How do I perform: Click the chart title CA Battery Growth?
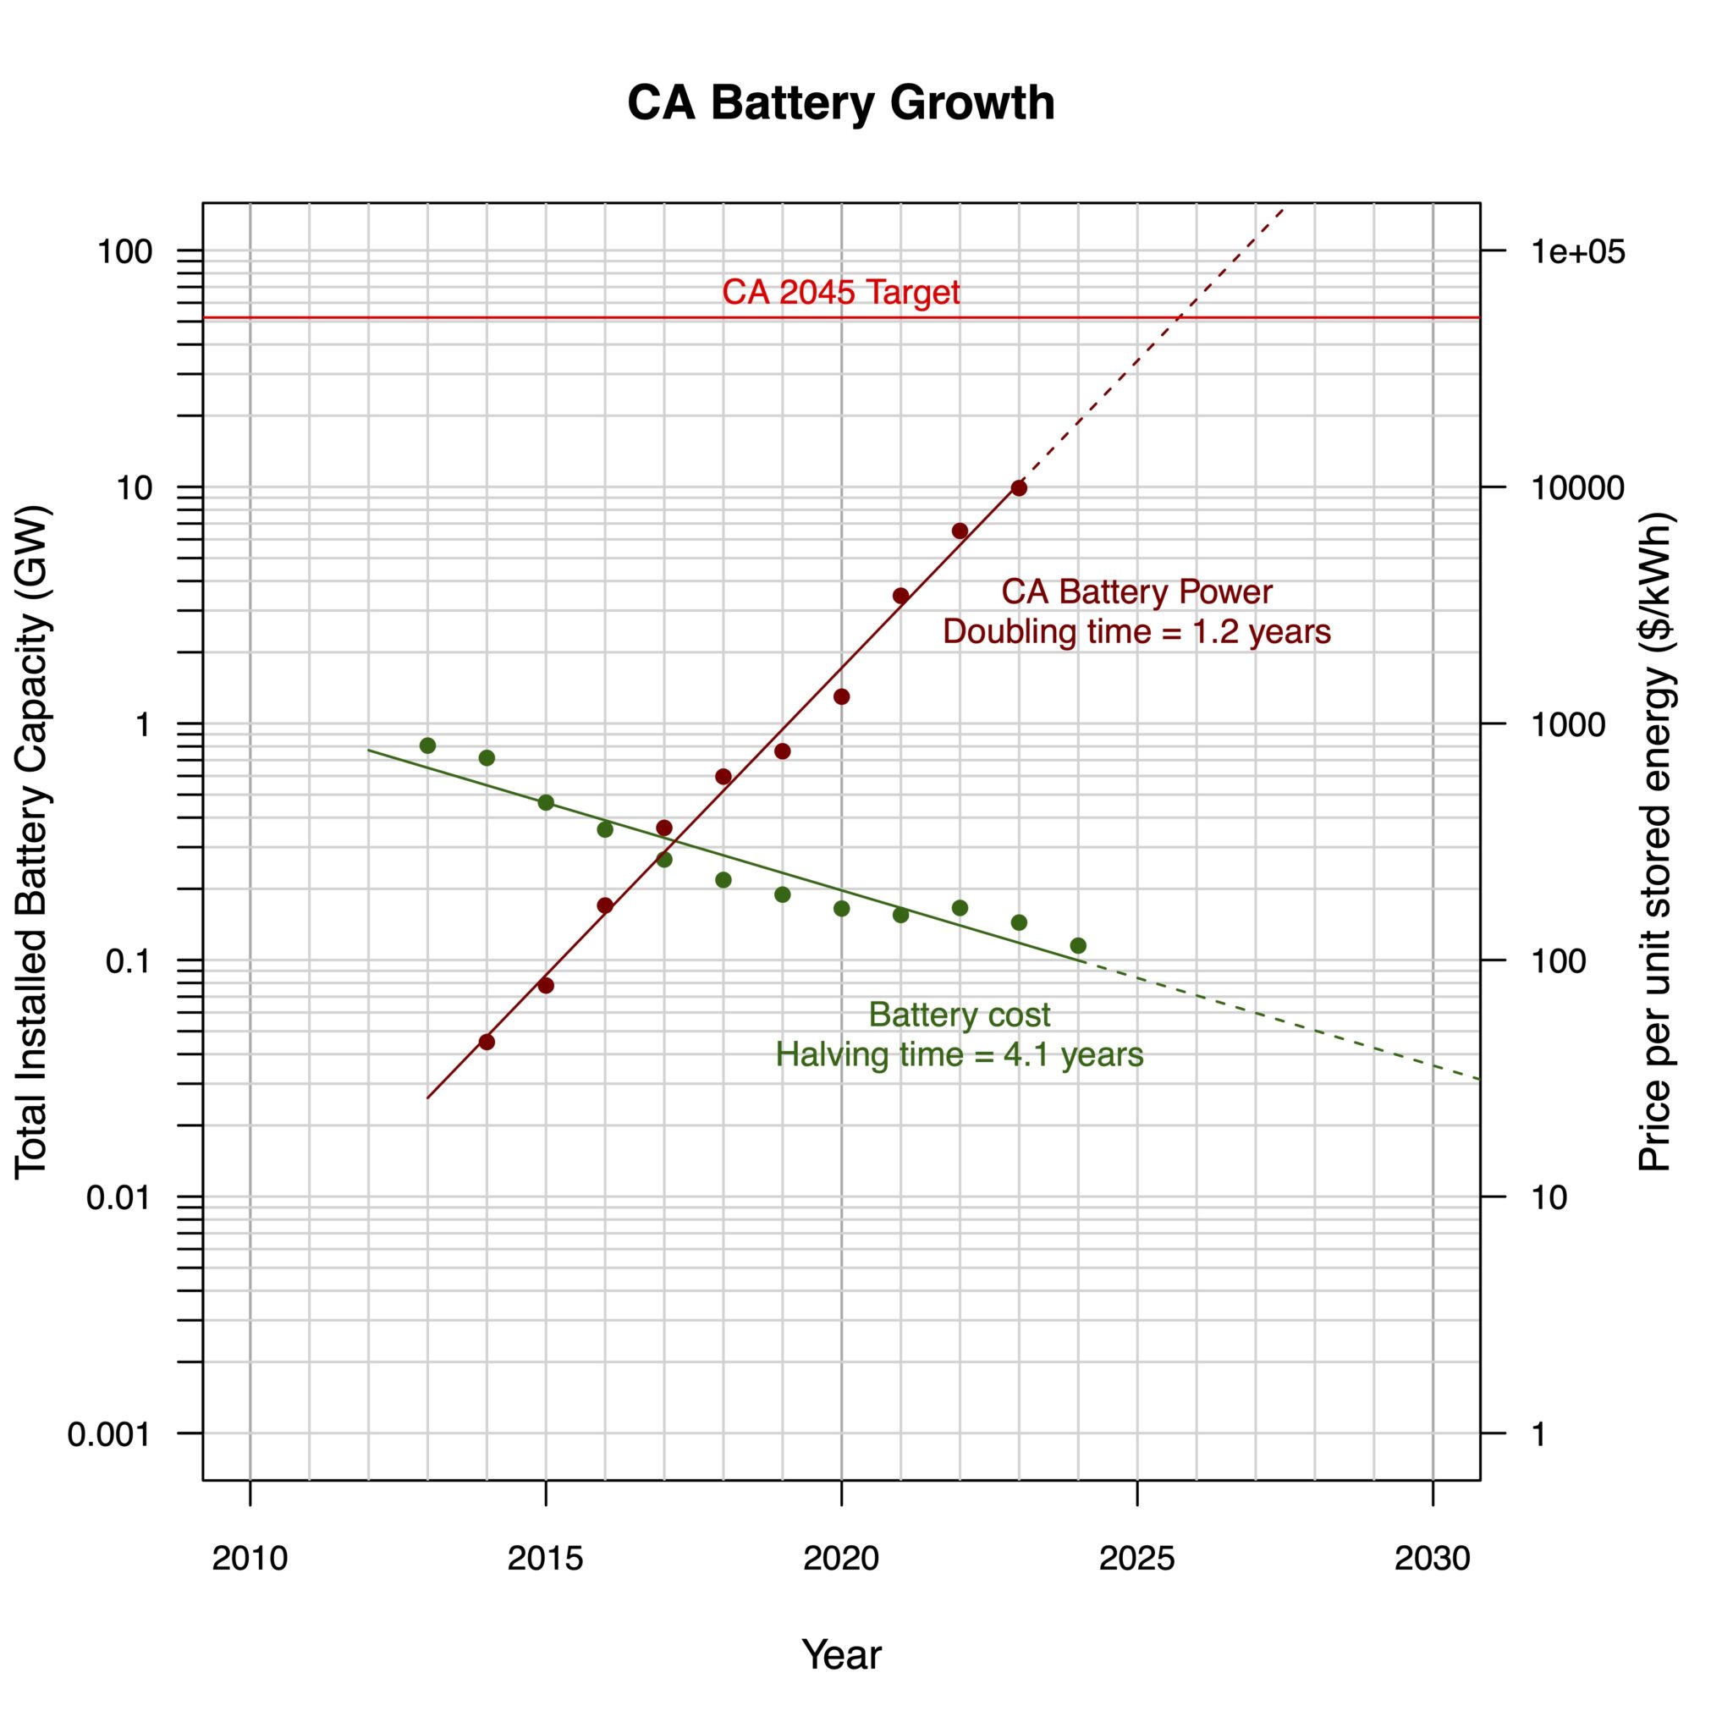(x=840, y=103)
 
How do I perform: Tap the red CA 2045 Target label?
(x=840, y=293)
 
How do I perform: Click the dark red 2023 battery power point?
(x=1018, y=488)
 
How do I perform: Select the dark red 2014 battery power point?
(x=487, y=1042)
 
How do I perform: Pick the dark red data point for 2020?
(x=841, y=696)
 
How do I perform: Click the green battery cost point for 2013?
(x=427, y=745)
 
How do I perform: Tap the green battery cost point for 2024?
(x=1077, y=945)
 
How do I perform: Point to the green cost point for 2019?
(x=782, y=894)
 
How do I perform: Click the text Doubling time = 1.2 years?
(x=1136, y=631)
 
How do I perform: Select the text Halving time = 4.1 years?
(x=959, y=1054)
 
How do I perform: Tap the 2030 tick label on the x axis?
(x=1432, y=1559)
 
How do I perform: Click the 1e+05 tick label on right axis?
(x=1565, y=252)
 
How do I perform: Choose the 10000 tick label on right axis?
(x=1565, y=488)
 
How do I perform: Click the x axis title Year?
(x=840, y=1654)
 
